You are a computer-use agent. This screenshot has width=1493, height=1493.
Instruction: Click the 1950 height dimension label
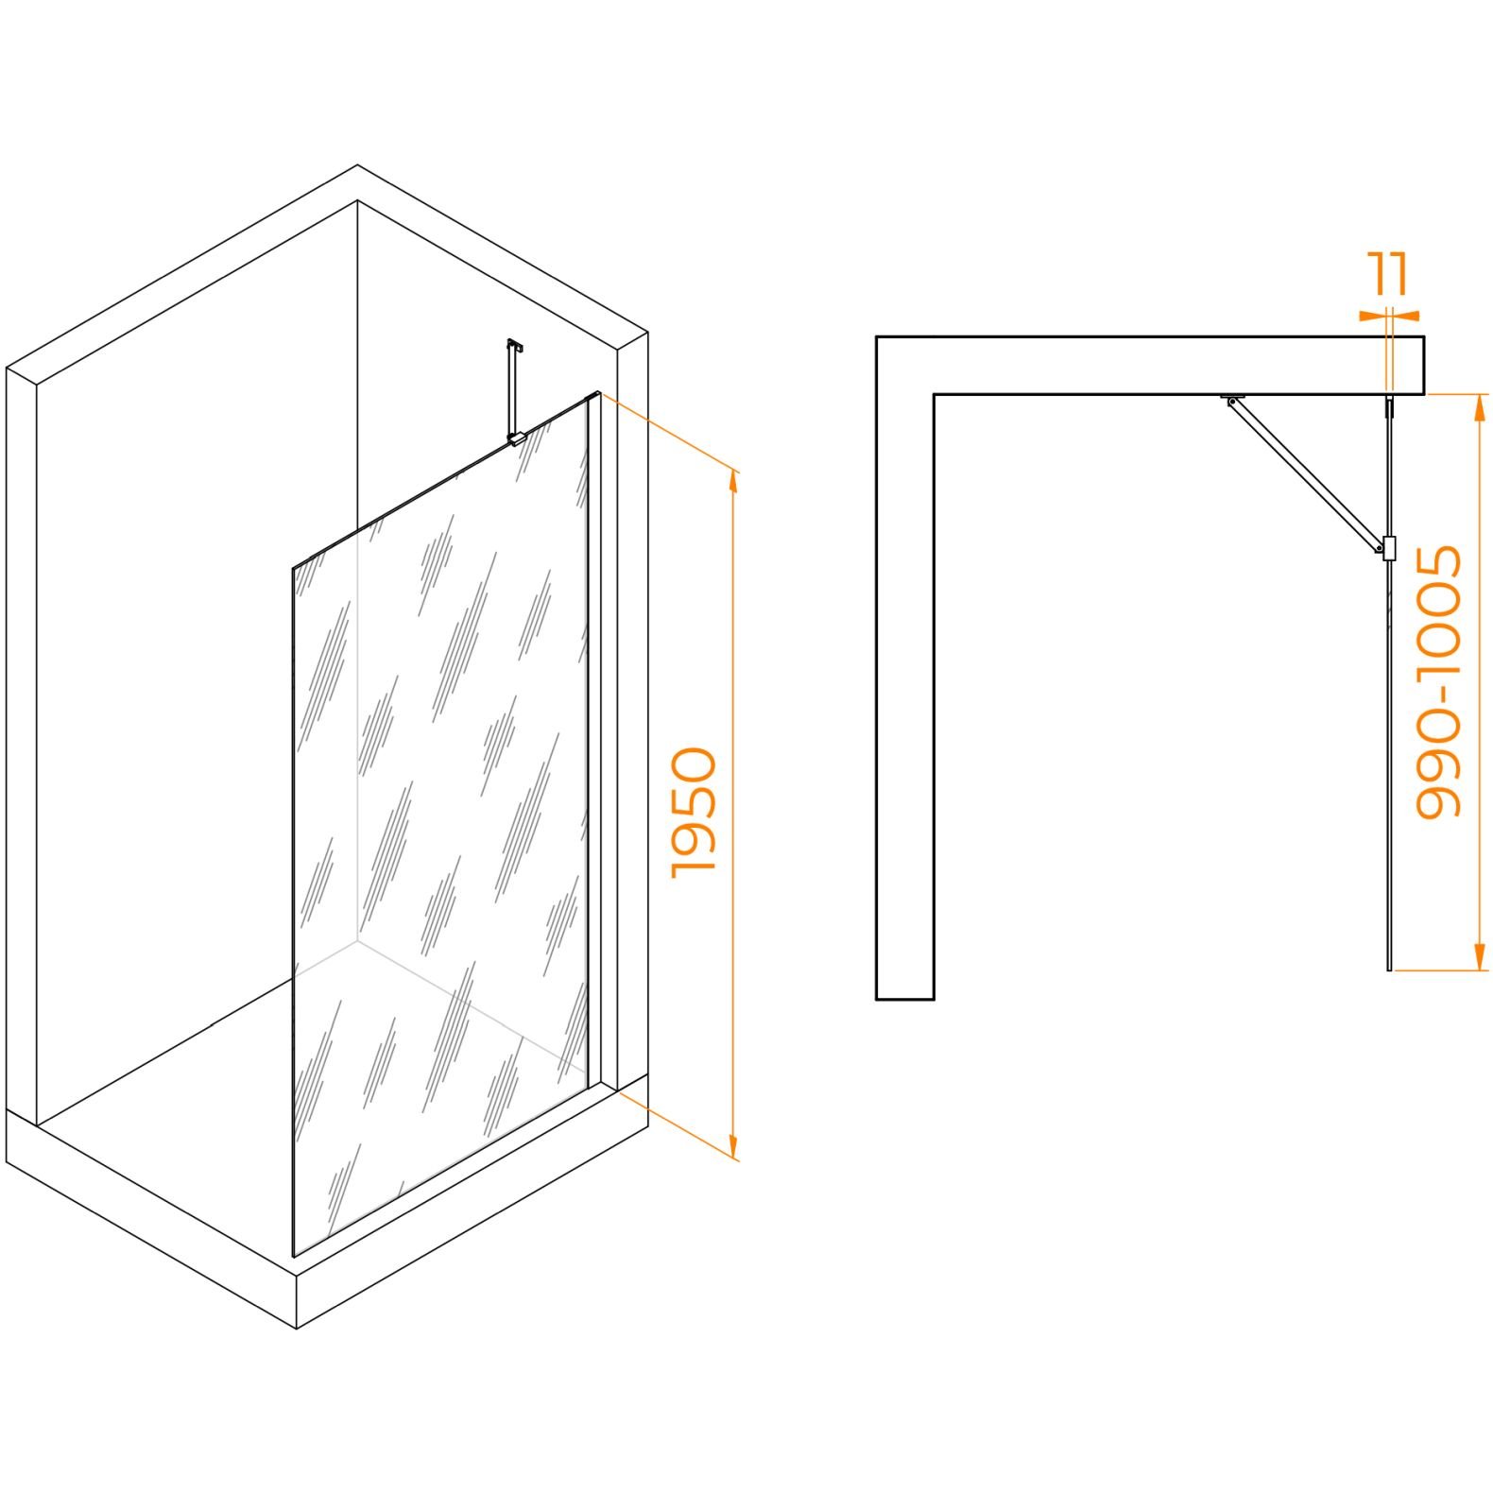(695, 813)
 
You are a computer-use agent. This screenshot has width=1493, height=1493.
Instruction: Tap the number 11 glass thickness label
(1390, 273)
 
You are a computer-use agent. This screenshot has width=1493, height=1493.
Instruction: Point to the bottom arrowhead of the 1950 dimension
(733, 1149)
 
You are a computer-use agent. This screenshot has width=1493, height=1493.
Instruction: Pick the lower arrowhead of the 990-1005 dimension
(1481, 958)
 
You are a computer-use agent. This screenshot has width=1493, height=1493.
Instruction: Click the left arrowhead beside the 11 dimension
(1372, 316)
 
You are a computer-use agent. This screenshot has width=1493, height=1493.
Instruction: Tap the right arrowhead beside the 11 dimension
(1406, 316)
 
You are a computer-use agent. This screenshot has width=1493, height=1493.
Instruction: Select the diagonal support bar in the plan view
(1305, 473)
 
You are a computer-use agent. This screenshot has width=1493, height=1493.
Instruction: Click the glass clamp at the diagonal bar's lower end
(1388, 549)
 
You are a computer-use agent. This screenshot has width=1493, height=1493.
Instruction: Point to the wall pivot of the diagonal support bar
(1232, 401)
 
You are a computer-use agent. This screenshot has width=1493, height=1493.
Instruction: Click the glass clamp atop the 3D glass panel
(516, 438)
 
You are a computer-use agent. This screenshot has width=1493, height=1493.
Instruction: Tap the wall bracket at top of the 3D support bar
(515, 346)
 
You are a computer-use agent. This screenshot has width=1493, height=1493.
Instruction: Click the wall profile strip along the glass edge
(593, 741)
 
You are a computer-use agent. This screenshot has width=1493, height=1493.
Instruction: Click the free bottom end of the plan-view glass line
(1389, 969)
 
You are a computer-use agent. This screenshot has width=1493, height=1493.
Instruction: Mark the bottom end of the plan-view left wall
(905, 998)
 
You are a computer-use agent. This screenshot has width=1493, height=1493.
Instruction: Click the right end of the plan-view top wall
(1423, 365)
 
